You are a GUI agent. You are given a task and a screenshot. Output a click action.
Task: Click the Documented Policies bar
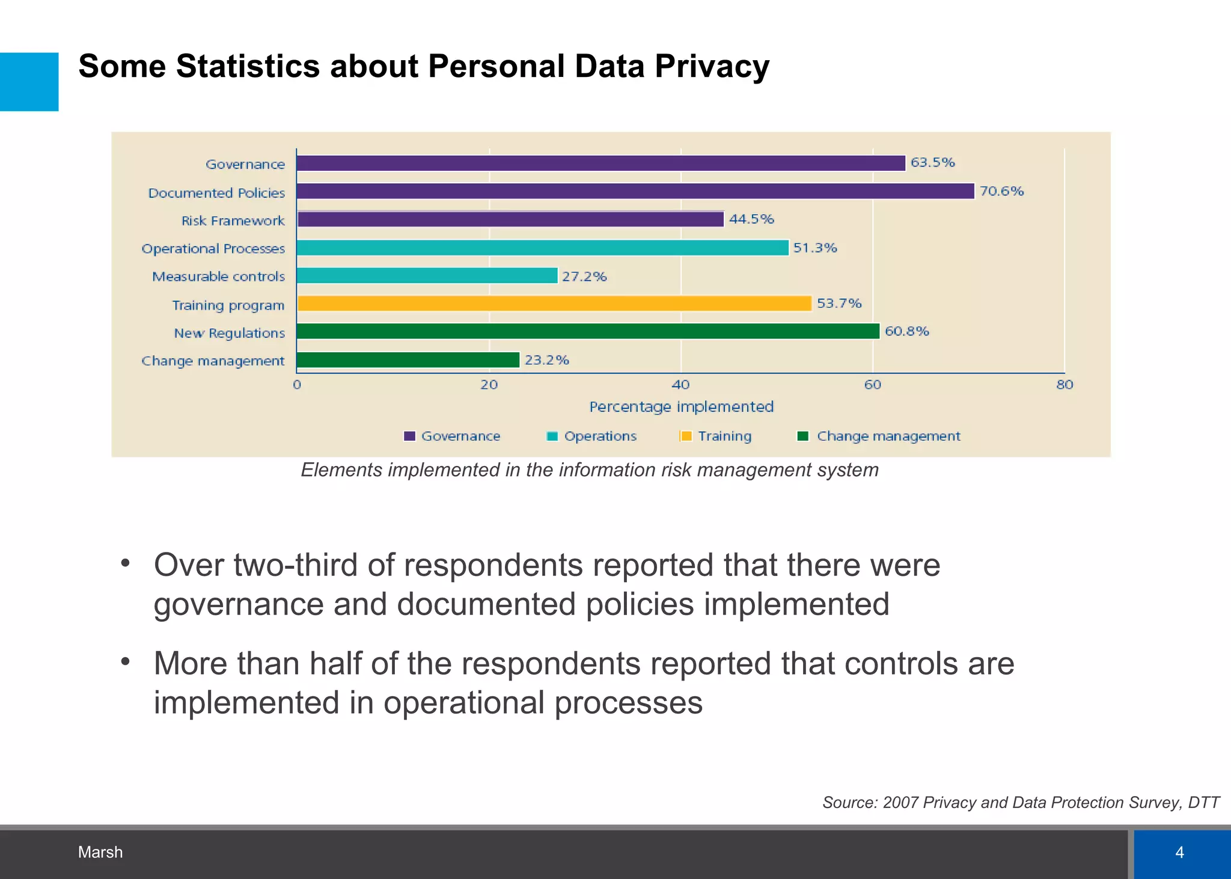point(635,191)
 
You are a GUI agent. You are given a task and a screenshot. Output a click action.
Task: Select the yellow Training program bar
point(554,304)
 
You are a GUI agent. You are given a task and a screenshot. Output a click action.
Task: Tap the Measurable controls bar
point(427,275)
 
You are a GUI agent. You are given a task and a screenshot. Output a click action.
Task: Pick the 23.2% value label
point(546,360)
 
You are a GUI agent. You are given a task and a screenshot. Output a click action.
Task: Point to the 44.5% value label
point(751,219)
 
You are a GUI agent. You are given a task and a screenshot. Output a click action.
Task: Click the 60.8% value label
point(906,331)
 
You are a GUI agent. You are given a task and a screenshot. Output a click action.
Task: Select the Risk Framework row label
point(233,221)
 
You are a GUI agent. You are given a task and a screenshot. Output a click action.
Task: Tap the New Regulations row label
point(229,333)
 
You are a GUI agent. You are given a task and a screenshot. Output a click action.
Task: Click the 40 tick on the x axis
point(680,385)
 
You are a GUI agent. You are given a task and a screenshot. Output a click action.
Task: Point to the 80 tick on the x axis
point(1064,385)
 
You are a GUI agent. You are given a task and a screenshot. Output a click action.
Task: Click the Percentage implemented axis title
point(681,407)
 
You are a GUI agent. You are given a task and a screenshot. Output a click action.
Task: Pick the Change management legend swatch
point(802,436)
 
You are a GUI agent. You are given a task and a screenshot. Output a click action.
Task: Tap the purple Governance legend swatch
point(409,436)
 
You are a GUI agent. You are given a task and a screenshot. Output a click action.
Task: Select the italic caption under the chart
point(589,470)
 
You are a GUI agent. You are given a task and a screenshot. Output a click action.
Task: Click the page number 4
point(1179,852)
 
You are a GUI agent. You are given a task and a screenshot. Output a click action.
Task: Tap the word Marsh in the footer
point(100,852)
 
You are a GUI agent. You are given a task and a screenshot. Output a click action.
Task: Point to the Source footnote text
point(1020,803)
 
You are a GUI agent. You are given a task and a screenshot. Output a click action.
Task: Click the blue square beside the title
point(29,82)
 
